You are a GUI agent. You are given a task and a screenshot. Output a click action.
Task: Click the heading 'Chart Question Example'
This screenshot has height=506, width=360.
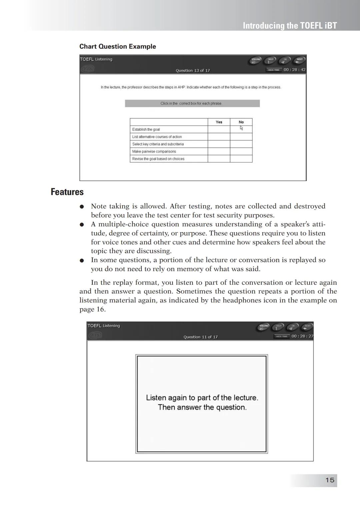coord(117,47)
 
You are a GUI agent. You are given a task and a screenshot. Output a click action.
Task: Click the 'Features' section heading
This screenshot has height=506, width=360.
coord(67,192)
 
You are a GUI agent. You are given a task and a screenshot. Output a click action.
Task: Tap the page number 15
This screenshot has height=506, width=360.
coord(330,480)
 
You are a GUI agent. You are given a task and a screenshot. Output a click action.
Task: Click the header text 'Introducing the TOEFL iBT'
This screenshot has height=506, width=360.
coord(290,26)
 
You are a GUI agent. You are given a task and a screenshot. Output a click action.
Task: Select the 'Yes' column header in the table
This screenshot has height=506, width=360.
coord(219,122)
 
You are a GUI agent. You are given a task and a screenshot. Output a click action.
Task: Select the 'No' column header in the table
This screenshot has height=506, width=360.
coord(241,122)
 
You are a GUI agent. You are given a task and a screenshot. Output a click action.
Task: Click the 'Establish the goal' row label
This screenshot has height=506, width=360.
coord(146,129)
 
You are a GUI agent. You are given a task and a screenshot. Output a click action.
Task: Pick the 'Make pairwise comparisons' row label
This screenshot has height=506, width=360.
coord(154,151)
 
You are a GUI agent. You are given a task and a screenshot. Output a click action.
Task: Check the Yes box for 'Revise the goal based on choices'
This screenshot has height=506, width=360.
coord(219,159)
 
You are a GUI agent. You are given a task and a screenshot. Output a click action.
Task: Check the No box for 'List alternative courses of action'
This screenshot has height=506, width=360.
coord(241,137)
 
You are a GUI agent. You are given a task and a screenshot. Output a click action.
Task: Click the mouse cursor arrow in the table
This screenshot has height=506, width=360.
coord(241,128)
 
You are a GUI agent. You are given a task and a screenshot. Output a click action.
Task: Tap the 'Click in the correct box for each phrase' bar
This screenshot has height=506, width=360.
coord(192,104)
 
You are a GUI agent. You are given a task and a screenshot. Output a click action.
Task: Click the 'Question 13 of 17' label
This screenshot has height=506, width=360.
coord(193,71)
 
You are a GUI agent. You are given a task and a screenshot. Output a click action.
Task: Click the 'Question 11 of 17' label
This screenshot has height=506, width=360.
coord(200,337)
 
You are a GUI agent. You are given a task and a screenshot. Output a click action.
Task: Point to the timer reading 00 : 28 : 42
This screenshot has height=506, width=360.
coord(294,70)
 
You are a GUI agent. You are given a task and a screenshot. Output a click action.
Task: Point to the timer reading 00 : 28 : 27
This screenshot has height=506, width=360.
coord(302,336)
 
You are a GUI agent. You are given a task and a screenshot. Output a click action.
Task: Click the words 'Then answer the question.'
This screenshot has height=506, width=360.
coord(202,407)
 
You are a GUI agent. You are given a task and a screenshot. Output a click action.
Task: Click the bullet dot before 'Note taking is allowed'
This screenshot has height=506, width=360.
coord(81,207)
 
